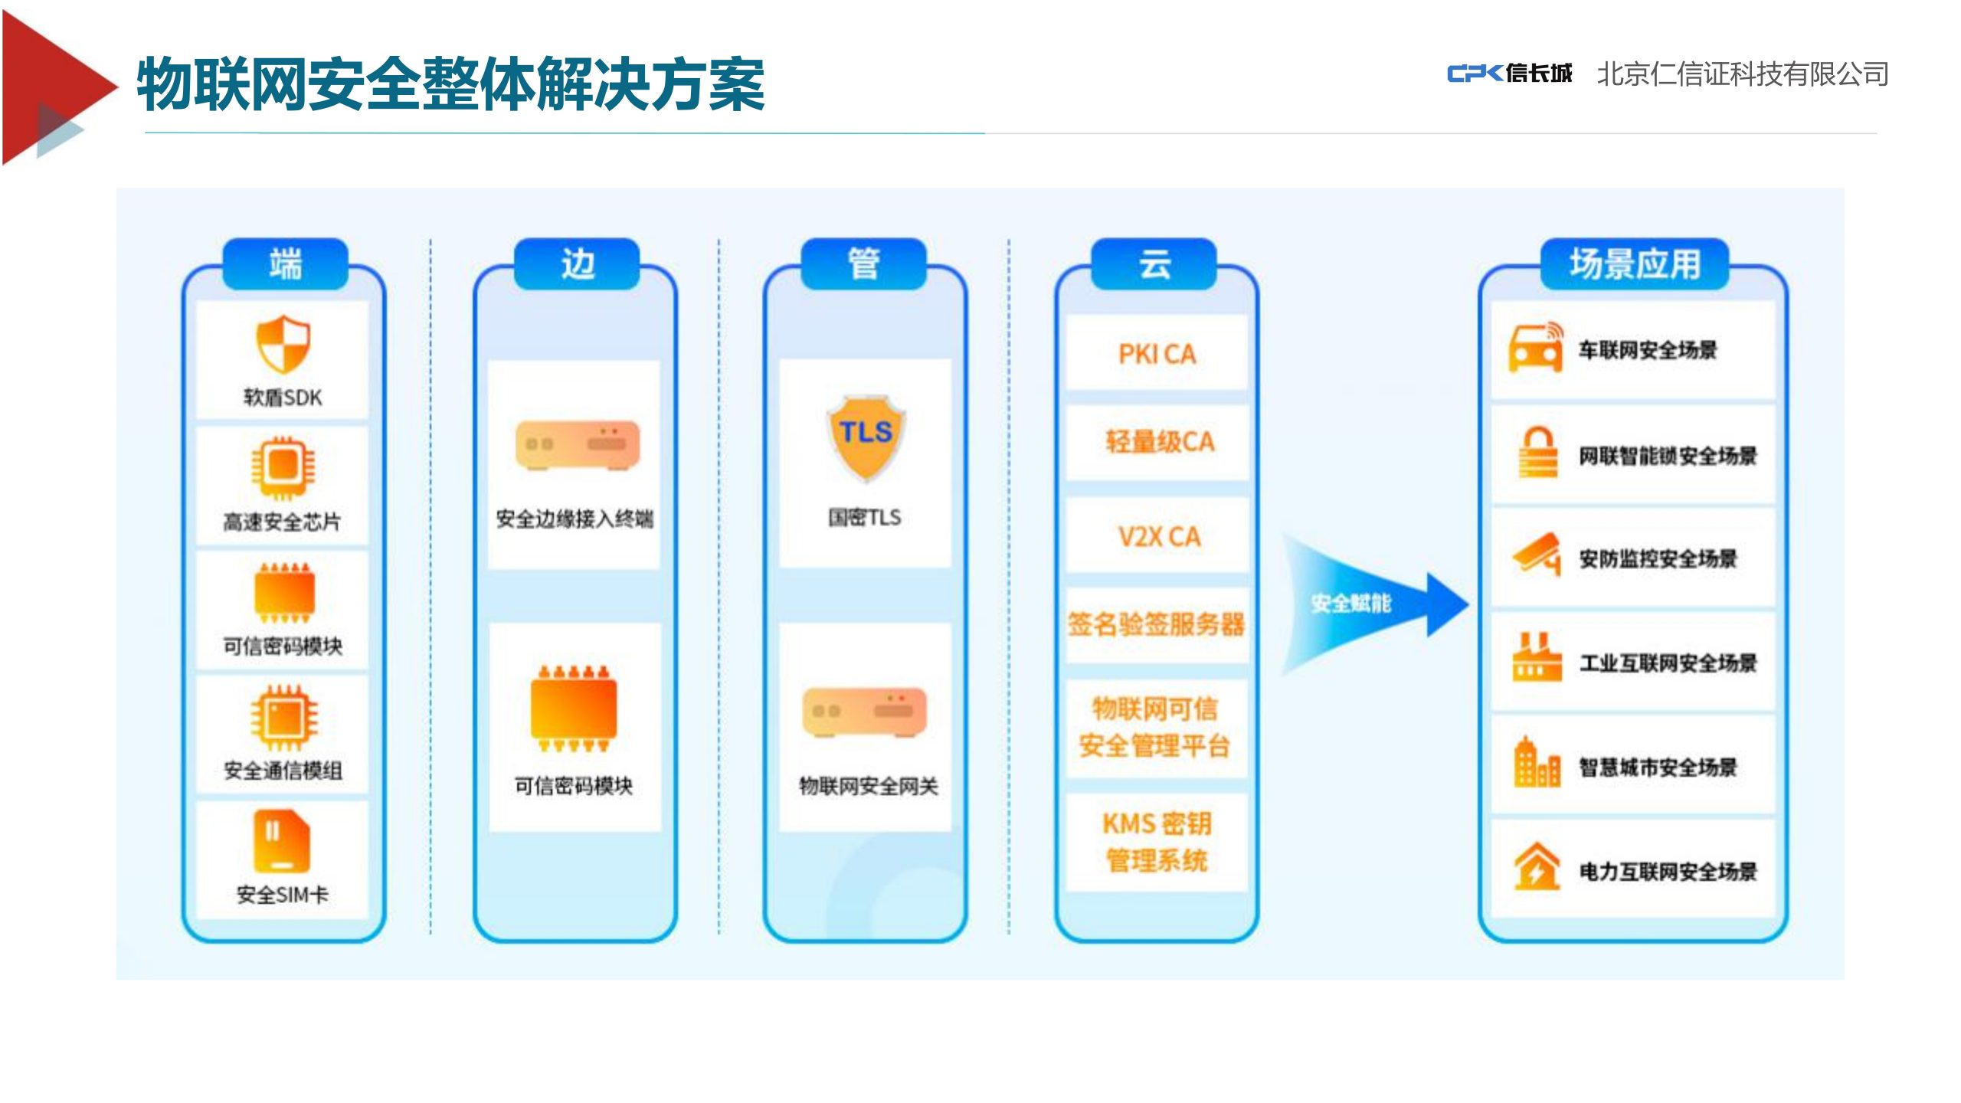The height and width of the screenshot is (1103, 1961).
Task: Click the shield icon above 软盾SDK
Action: click(283, 344)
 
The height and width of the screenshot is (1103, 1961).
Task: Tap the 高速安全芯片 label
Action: click(282, 522)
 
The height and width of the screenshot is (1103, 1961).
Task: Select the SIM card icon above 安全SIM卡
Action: click(282, 841)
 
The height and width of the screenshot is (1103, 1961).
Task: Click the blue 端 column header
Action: click(285, 264)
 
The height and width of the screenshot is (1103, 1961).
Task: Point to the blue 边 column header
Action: click(577, 264)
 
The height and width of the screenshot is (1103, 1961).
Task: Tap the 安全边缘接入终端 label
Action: click(575, 519)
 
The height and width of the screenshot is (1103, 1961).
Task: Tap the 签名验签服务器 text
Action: click(1157, 624)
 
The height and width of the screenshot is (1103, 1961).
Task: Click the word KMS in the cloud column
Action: click(1129, 824)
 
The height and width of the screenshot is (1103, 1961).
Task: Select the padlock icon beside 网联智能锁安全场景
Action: click(1537, 452)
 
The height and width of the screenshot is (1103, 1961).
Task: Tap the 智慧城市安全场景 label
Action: click(1658, 767)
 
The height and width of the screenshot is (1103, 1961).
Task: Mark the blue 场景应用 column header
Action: click(1635, 264)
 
